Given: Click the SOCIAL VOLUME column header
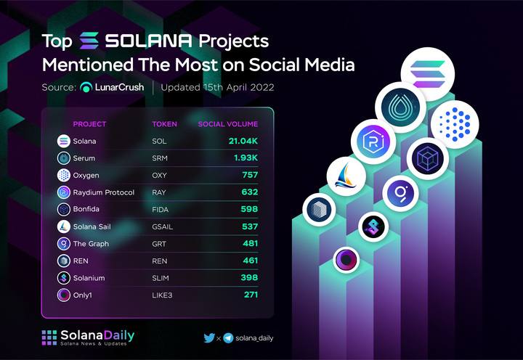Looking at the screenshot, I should (228, 123).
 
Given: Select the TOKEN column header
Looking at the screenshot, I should (164, 123).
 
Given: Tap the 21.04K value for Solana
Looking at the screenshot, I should (243, 140).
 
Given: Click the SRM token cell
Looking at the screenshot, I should (160, 157).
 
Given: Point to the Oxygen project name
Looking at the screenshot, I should (86, 175).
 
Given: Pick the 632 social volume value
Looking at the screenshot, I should (250, 192).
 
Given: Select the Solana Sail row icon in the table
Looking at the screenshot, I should (63, 226).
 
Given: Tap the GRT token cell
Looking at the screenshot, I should (159, 244).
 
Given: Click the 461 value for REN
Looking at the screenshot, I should (250, 261).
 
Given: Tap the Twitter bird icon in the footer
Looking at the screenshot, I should (208, 337).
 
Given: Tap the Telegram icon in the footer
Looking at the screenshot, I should (228, 337).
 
